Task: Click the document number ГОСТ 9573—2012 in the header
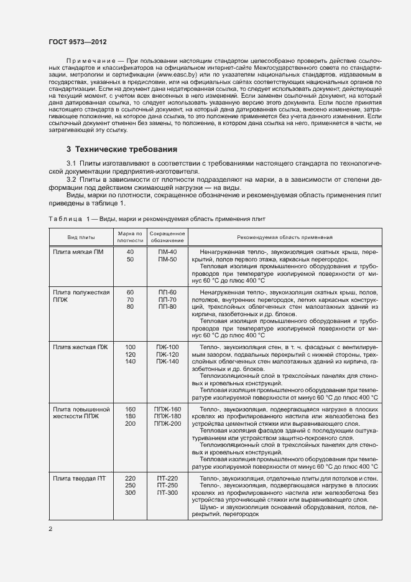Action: click(77, 42)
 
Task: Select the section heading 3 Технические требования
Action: click(122, 149)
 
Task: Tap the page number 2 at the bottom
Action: click(50, 529)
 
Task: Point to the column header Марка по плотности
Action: click(130, 237)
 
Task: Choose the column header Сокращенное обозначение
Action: click(167, 237)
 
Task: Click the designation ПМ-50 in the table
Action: click(167, 259)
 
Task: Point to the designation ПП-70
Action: click(167, 299)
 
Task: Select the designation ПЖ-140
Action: click(167, 361)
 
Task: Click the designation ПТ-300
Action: click(167, 493)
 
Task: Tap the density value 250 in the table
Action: click(130, 486)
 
